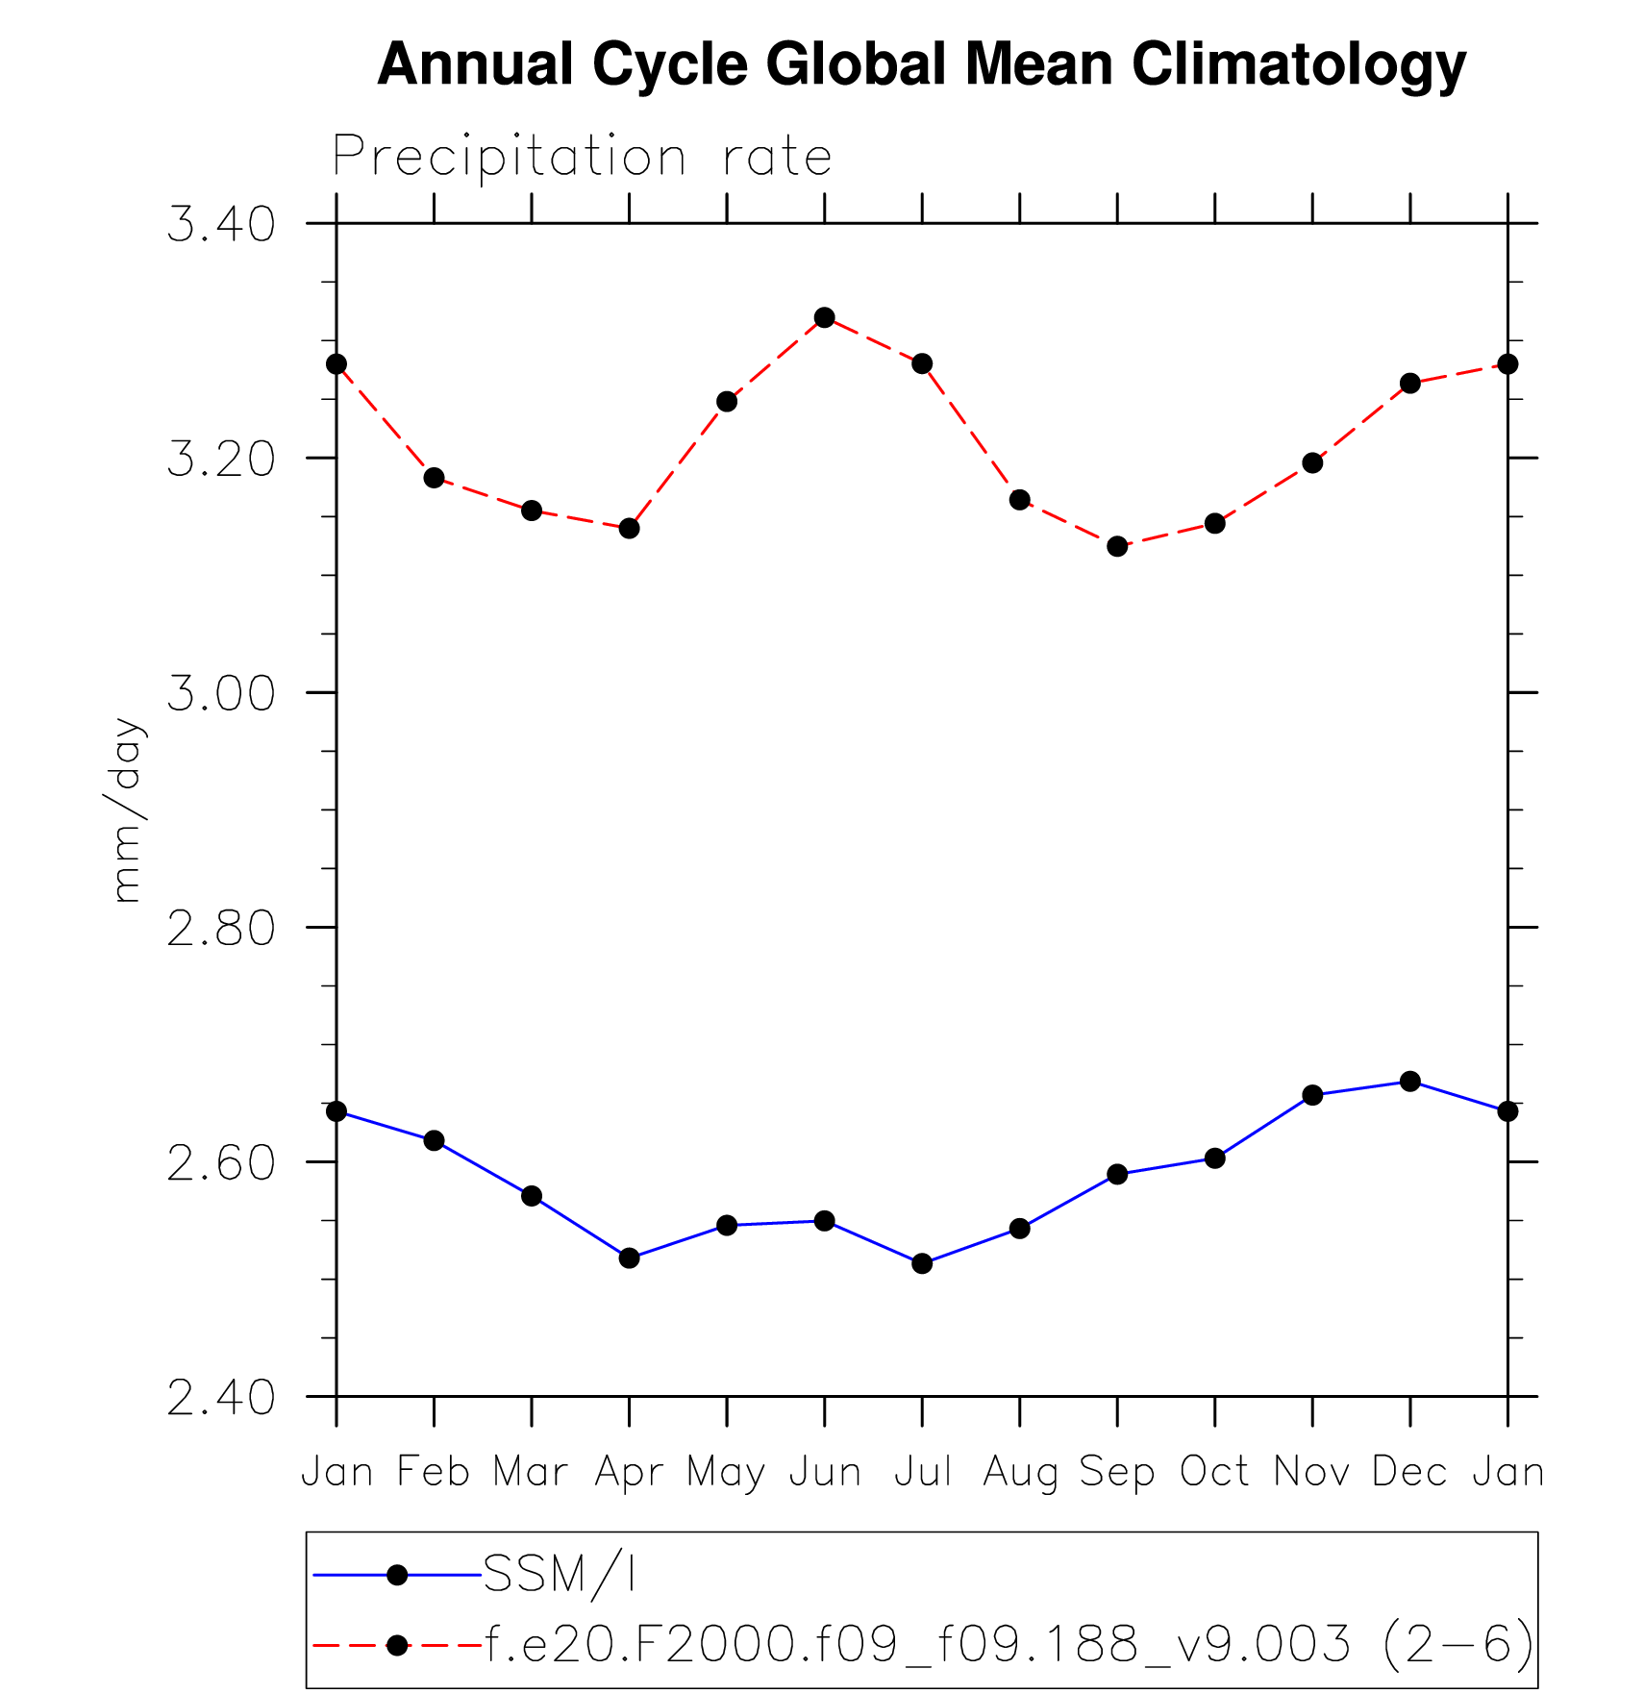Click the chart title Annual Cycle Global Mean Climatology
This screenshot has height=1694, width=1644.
(x=921, y=65)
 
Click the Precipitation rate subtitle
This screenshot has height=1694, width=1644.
(x=582, y=157)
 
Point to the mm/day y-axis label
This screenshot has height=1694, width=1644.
(x=126, y=810)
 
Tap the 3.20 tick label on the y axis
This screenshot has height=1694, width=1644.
(x=221, y=459)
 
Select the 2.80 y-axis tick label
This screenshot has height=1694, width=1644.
(x=221, y=928)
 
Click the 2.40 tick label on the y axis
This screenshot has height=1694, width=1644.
(x=221, y=1397)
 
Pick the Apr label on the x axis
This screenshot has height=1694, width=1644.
(x=629, y=1472)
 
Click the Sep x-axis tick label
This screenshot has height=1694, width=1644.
(x=1116, y=1472)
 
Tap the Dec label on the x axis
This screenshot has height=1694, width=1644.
(x=1409, y=1472)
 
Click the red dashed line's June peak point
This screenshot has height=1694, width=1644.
(x=824, y=317)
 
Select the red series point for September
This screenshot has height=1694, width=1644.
(x=1117, y=546)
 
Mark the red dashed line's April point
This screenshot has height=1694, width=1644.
(x=629, y=528)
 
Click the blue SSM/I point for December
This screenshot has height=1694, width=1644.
(x=1410, y=1082)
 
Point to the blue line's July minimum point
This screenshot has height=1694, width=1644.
(x=922, y=1263)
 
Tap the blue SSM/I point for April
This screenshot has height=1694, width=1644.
(x=629, y=1258)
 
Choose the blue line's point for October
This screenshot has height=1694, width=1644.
(x=1215, y=1158)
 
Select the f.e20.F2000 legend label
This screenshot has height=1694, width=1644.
(x=1009, y=1645)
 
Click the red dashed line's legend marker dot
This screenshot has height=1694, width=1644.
(x=397, y=1645)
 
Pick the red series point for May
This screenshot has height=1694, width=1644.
(x=727, y=401)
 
